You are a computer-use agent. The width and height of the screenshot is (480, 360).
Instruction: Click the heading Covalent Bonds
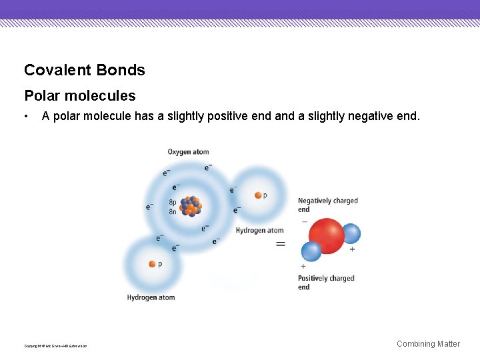click(84, 70)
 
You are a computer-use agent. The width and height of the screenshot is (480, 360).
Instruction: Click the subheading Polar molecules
click(79, 96)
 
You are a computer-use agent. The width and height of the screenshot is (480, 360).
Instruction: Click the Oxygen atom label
click(188, 152)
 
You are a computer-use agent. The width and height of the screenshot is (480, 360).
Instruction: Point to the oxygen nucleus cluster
click(191, 206)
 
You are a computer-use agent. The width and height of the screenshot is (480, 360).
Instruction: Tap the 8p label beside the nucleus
click(173, 202)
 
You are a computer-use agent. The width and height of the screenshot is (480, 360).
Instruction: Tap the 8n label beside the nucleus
click(173, 211)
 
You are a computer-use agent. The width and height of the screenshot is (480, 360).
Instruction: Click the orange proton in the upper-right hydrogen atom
click(257, 195)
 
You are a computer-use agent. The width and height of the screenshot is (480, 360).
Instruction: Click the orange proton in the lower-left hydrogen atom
click(152, 264)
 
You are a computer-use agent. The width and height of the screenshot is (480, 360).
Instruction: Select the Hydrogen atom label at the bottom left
click(151, 297)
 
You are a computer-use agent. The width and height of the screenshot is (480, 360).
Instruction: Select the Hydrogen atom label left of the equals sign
click(259, 231)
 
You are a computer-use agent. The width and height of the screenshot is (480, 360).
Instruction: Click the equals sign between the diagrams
click(281, 244)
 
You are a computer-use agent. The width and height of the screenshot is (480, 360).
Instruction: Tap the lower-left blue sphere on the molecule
click(311, 251)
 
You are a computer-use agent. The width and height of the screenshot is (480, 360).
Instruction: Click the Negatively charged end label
click(327, 205)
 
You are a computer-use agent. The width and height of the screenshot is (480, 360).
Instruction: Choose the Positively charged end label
click(325, 283)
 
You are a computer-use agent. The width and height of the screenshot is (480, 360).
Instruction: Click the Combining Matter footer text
click(428, 344)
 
